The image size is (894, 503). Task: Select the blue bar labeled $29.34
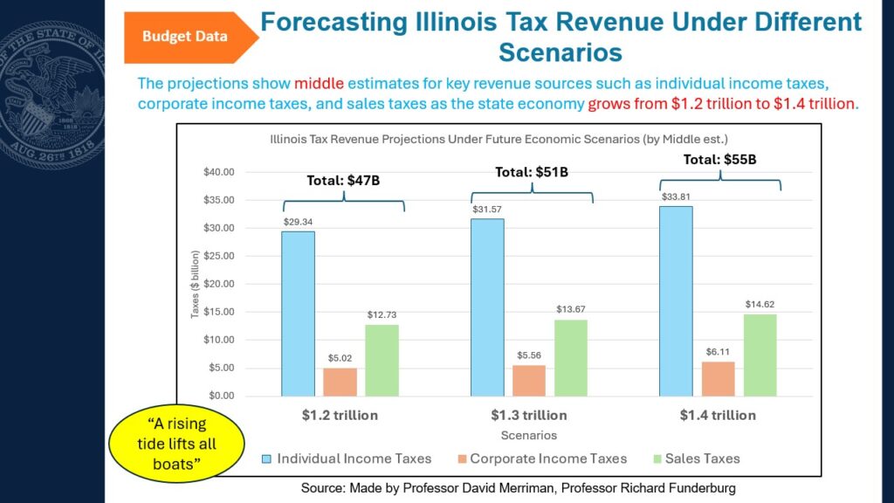click(x=299, y=314)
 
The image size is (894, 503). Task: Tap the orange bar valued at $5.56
click(x=529, y=381)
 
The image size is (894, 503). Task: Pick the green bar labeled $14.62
click(x=760, y=355)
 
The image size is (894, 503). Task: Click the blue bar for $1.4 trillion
click(x=677, y=301)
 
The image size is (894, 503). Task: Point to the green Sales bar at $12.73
click(x=382, y=361)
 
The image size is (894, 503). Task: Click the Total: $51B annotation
click(x=532, y=172)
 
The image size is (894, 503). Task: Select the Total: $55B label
click(x=719, y=160)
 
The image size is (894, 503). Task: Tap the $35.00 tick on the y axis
click(x=219, y=200)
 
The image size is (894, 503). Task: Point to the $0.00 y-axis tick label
click(x=221, y=396)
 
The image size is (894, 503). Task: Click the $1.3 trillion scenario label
click(x=529, y=415)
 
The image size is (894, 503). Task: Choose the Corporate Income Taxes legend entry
click(x=542, y=458)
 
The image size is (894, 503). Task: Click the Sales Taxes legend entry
click(x=697, y=458)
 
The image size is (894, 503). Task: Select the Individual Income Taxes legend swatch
click(x=266, y=458)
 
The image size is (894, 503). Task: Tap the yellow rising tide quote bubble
click(x=176, y=444)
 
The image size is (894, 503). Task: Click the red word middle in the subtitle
click(x=319, y=83)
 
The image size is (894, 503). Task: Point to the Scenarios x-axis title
click(x=529, y=436)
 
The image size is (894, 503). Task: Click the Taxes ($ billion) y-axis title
click(x=195, y=284)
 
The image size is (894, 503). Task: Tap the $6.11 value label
click(x=718, y=352)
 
